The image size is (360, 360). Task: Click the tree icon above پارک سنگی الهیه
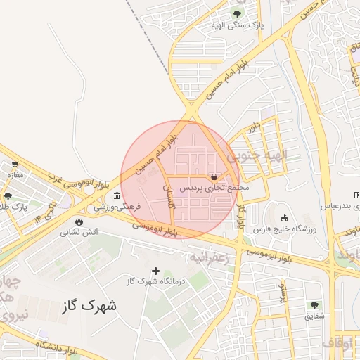[236, 13]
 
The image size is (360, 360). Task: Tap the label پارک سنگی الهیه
[237, 25]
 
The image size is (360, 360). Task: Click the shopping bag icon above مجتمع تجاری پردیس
[214, 177]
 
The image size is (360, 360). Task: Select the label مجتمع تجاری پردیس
[214, 188]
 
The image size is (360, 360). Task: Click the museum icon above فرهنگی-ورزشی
[117, 195]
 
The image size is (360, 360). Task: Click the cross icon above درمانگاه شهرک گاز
[155, 271]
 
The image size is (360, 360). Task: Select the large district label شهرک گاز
[89, 306]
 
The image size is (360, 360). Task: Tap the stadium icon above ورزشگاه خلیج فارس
[284, 218]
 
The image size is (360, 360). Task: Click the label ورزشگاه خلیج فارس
[285, 229]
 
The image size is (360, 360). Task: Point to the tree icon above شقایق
[314, 305]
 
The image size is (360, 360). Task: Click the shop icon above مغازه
[15, 163]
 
